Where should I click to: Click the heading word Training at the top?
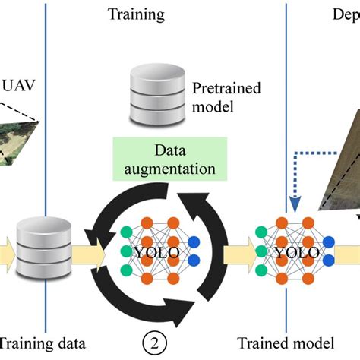[137, 14]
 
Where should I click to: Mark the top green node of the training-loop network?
[126, 232]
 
